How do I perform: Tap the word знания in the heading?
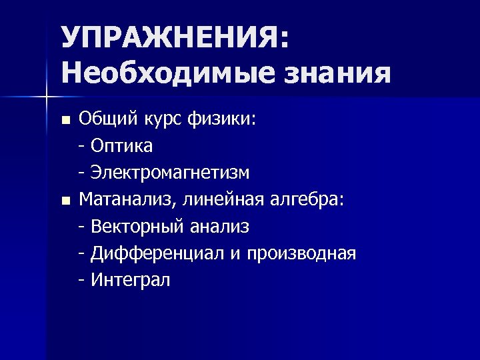coord(340,71)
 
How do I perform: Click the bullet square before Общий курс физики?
coord(65,121)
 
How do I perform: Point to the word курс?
coord(161,119)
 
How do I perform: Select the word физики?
coord(227,119)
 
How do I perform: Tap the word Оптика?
coord(122,145)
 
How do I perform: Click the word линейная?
coord(223,199)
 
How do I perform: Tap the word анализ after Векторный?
coord(220,227)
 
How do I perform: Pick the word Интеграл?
coord(131,280)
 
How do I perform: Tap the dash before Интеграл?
coord(81,281)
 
